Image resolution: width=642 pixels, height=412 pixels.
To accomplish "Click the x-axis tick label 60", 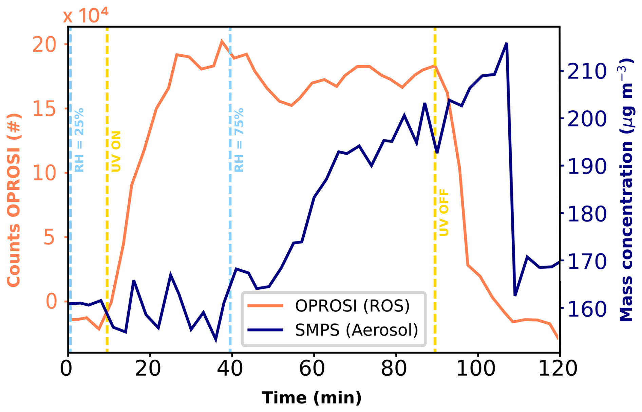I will [x=312, y=369].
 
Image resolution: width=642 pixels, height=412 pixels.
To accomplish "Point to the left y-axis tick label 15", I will [x=44, y=109].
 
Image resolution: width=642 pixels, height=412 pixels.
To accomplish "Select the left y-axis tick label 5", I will [x=49, y=237].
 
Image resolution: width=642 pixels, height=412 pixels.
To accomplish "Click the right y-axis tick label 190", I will [x=587, y=166].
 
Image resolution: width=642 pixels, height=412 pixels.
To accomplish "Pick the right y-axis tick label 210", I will [x=587, y=71].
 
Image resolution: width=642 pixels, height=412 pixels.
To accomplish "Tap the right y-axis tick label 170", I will [x=587, y=261].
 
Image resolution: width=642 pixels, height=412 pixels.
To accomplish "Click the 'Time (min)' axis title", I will [x=311, y=397].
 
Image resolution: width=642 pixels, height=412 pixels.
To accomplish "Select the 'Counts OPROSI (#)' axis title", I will [x=14, y=200].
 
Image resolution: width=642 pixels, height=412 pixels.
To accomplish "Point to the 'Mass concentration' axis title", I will [x=626, y=190].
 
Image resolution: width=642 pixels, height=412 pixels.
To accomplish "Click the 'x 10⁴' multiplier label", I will [x=86, y=15].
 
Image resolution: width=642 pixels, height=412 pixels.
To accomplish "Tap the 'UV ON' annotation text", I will [x=116, y=151].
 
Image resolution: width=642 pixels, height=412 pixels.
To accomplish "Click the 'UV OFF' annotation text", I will [x=444, y=213].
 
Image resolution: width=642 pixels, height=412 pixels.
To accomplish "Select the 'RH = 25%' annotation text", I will [x=79, y=140].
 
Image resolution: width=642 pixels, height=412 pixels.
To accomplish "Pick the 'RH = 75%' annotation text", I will [x=239, y=140].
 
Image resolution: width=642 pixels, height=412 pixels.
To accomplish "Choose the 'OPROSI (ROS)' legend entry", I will [x=352, y=306].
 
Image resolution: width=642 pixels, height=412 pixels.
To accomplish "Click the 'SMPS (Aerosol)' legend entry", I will [x=356, y=330].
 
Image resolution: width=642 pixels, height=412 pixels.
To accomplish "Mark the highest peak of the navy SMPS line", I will [x=507, y=43].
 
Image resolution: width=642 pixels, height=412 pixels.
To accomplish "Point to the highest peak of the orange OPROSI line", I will [x=222, y=41].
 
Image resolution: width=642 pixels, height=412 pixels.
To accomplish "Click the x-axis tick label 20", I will [x=148, y=369].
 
